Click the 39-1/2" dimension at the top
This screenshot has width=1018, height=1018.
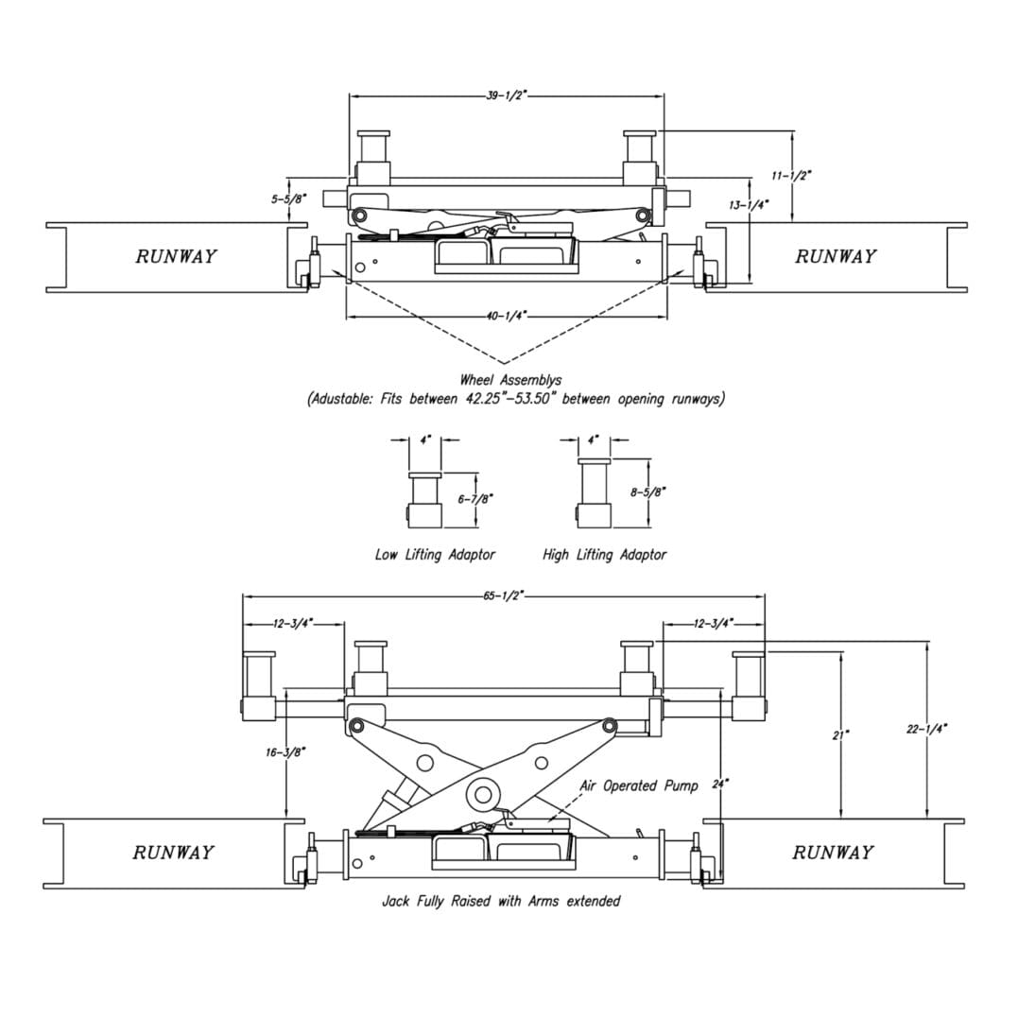click(x=506, y=95)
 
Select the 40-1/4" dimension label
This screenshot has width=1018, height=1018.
click(x=506, y=316)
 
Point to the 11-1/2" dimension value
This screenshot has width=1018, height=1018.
click(x=791, y=176)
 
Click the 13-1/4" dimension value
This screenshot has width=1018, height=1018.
click(x=749, y=204)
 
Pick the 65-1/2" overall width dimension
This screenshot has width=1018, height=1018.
click(x=503, y=596)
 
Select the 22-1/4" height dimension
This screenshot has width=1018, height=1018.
click(x=926, y=728)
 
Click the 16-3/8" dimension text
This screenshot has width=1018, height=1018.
click(x=285, y=751)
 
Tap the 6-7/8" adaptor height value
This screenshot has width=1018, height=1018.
click(x=475, y=498)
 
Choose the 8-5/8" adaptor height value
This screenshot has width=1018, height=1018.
click(x=647, y=492)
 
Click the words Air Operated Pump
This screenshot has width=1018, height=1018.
click(x=639, y=785)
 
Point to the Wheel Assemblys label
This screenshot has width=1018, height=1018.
click(x=510, y=380)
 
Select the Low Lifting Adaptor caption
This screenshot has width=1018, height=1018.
click(x=435, y=555)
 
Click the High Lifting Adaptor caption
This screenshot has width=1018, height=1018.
click(x=604, y=555)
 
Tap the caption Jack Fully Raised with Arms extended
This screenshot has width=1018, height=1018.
click(x=501, y=901)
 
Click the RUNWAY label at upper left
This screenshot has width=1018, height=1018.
click(x=176, y=256)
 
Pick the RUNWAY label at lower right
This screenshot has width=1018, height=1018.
click(x=833, y=853)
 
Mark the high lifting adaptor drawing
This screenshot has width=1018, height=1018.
click(x=595, y=493)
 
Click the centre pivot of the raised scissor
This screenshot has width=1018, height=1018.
click(x=484, y=793)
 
